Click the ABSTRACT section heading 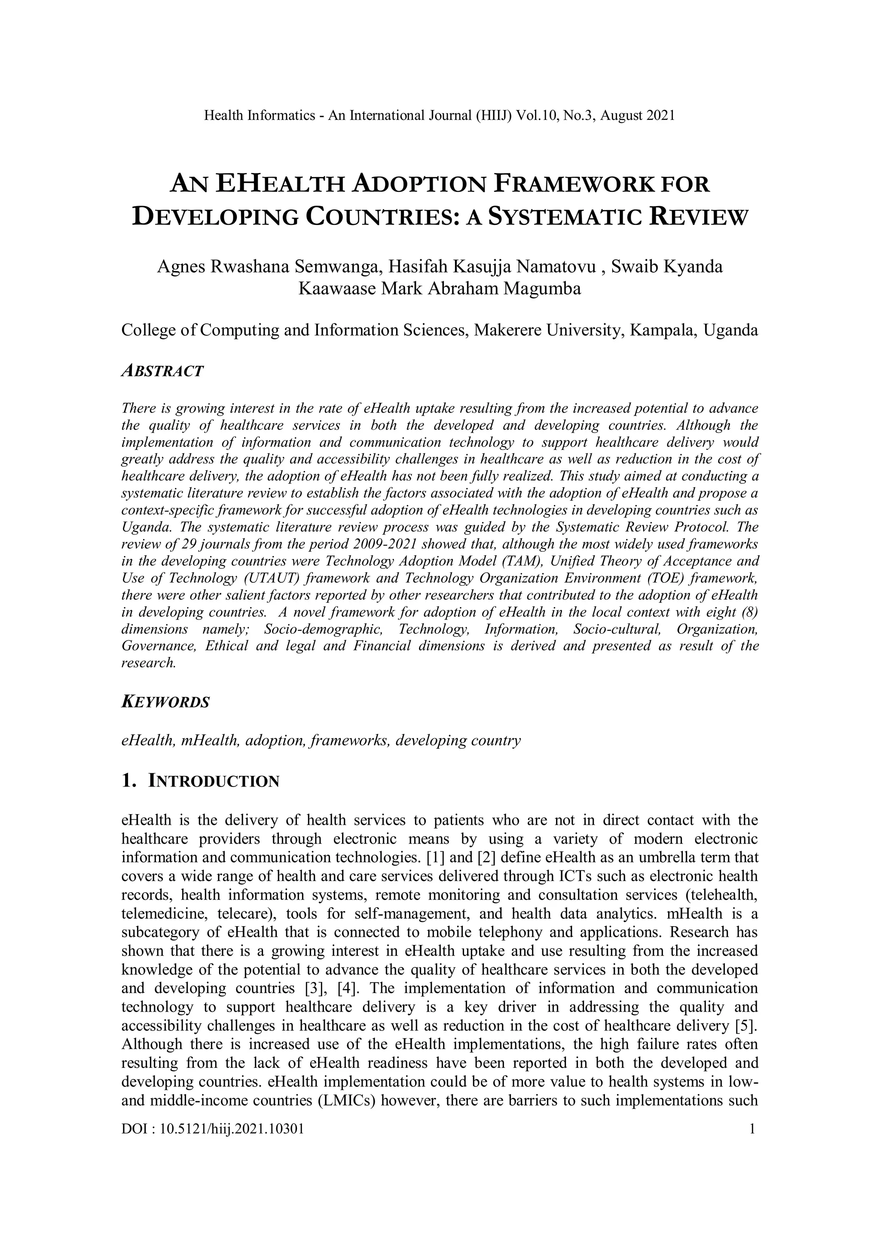pyautogui.click(x=162, y=371)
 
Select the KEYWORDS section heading pyautogui.click(x=165, y=703)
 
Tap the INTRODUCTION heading pyautogui.click(x=214, y=781)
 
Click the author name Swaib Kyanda pyautogui.click(x=666, y=267)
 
